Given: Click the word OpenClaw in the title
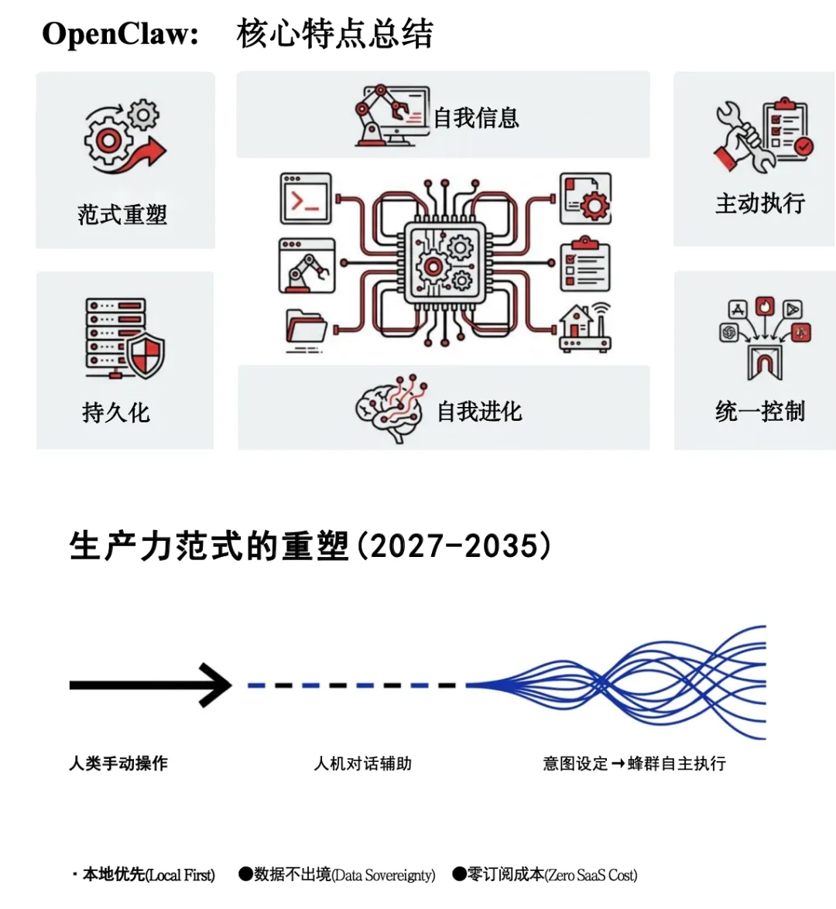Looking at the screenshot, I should [120, 34].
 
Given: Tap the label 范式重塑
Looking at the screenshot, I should [122, 214].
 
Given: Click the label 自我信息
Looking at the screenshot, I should [476, 118].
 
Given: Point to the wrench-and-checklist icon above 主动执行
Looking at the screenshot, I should [763, 135].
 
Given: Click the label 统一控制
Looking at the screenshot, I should [760, 411].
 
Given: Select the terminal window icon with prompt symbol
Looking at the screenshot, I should [306, 199].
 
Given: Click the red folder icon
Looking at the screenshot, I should [306, 328].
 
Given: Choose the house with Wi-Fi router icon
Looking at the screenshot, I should [584, 328].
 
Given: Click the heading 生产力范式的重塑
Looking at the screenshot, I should [209, 546].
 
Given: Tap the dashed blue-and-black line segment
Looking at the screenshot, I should [352, 685].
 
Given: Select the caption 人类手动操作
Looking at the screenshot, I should [118, 764].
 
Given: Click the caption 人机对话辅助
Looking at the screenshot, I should [363, 764].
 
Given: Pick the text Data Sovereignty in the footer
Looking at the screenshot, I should [383, 876].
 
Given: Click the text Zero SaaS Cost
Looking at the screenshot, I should [591, 876].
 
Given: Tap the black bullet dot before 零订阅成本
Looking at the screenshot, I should [459, 874].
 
